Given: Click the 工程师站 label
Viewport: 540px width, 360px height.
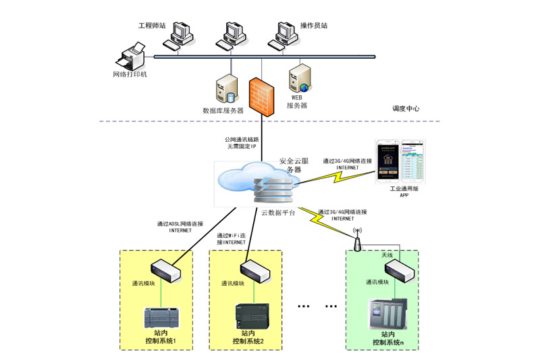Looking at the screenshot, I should click(152, 26).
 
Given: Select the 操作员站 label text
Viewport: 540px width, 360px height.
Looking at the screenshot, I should click(314, 26).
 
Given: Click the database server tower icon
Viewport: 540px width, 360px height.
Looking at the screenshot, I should click(225, 90).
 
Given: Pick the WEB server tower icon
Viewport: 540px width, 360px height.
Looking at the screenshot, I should click(299, 78).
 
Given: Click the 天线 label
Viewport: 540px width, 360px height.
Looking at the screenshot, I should click(387, 255).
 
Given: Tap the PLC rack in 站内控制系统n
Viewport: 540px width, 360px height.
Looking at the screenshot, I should click(387, 315).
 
